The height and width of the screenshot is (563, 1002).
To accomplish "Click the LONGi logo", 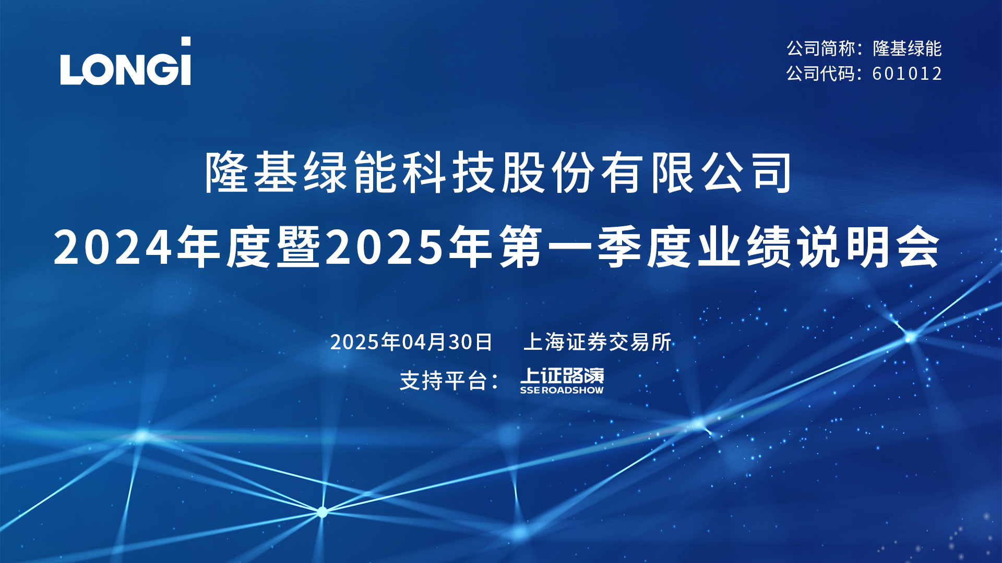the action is (x=125, y=61).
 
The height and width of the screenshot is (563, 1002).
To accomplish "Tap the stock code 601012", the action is (x=907, y=74).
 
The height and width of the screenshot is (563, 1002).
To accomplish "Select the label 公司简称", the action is (x=821, y=48).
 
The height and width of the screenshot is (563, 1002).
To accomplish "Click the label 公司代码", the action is (x=821, y=74).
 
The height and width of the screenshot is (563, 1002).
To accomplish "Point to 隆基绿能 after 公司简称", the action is (x=907, y=48).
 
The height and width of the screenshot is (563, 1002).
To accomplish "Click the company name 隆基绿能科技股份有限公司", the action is (x=499, y=173).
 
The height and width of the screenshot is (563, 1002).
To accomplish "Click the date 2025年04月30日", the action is (x=411, y=342).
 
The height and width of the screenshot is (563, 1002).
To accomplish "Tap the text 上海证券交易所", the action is (x=598, y=342).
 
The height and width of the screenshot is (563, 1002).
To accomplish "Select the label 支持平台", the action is (x=444, y=381).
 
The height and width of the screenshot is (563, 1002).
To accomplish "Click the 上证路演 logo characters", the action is (x=562, y=375).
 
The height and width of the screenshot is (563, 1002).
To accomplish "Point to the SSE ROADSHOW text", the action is (x=562, y=390).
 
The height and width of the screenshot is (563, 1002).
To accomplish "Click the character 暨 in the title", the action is (x=299, y=247).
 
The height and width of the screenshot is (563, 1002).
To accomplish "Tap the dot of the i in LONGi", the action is (x=185, y=42).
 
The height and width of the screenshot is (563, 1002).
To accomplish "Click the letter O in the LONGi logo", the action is (x=99, y=68).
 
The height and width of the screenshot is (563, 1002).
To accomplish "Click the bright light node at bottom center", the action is (x=323, y=512).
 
